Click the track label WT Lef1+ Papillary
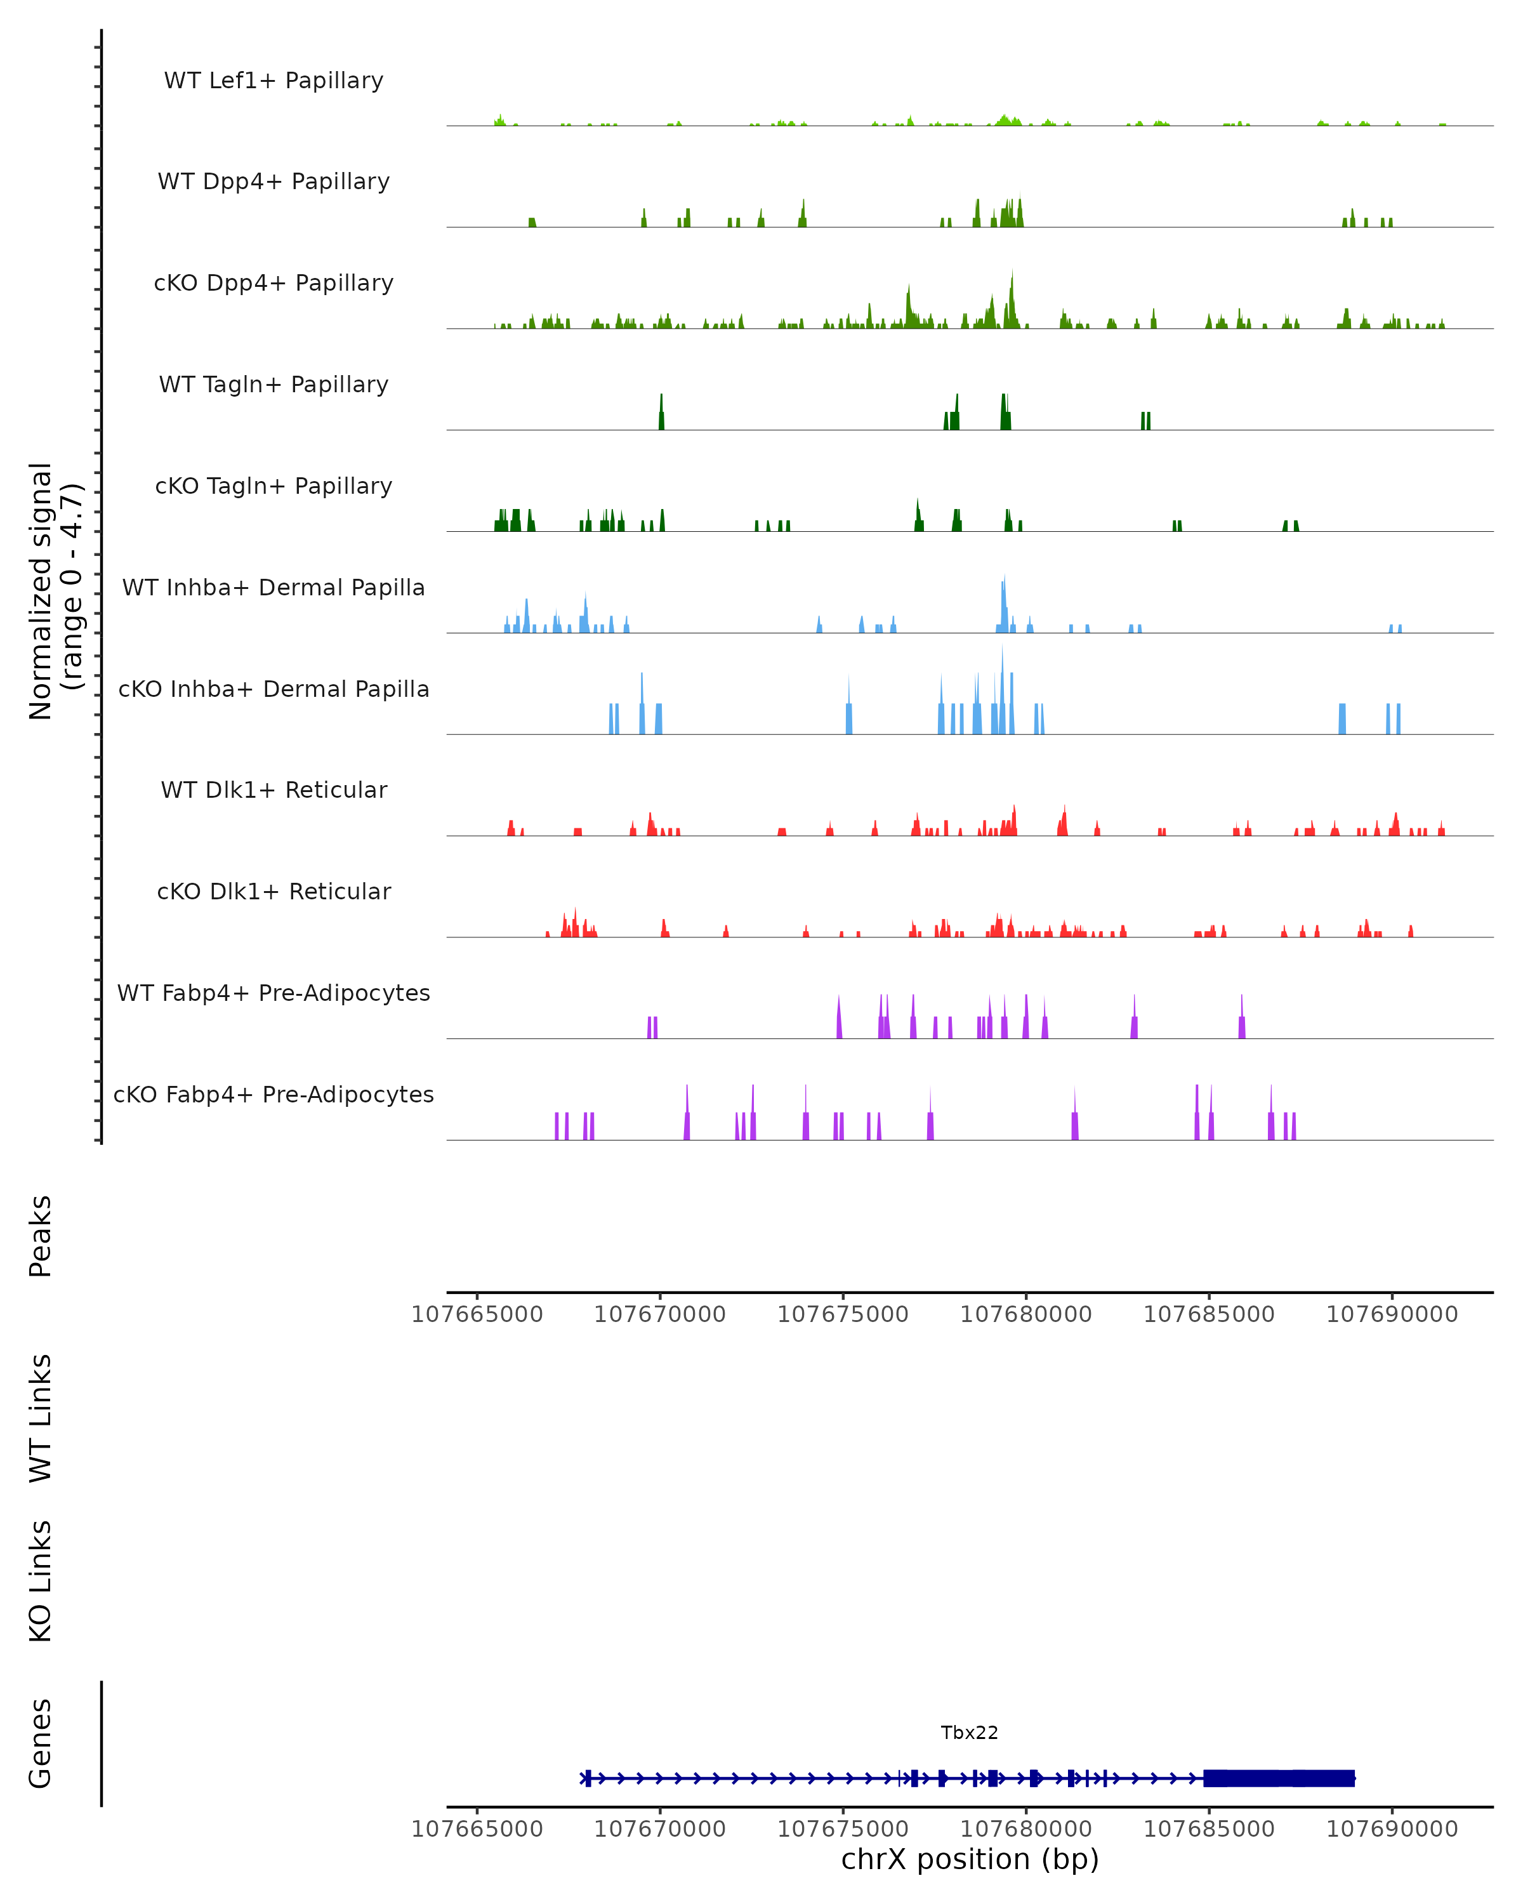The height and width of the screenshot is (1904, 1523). click(x=274, y=81)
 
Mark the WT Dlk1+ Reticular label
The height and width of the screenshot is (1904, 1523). click(x=274, y=790)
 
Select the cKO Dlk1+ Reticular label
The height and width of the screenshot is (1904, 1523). click(x=274, y=891)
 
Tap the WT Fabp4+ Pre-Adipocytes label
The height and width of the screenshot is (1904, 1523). click(x=274, y=993)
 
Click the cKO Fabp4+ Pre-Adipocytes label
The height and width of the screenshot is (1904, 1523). click(x=274, y=1094)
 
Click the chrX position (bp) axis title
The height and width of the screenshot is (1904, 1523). click(x=970, y=1859)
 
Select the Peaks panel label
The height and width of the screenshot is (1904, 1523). click(x=41, y=1236)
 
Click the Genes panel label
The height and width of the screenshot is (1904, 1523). click(x=41, y=1743)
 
